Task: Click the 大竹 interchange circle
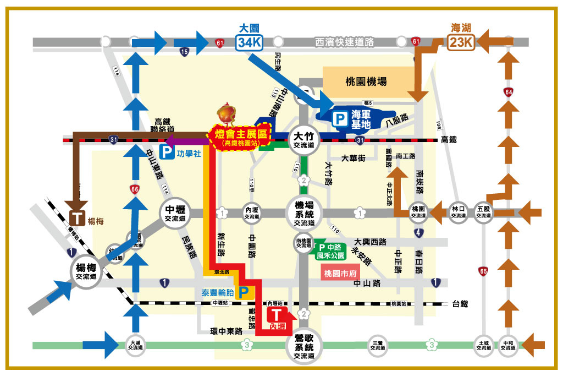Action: (x=303, y=140)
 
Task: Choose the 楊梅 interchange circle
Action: (x=87, y=272)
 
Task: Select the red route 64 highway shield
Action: (x=510, y=92)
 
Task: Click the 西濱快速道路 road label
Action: (x=345, y=42)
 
